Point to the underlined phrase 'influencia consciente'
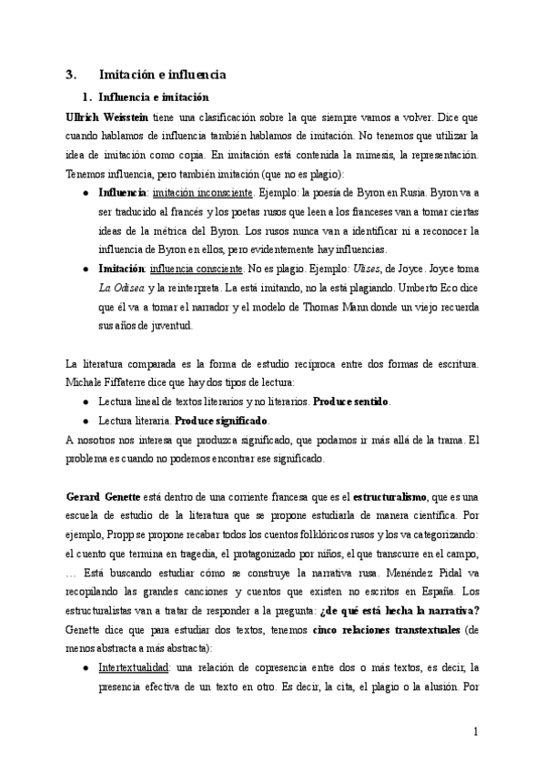coord(196,269)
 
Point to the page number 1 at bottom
coord(475,733)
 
